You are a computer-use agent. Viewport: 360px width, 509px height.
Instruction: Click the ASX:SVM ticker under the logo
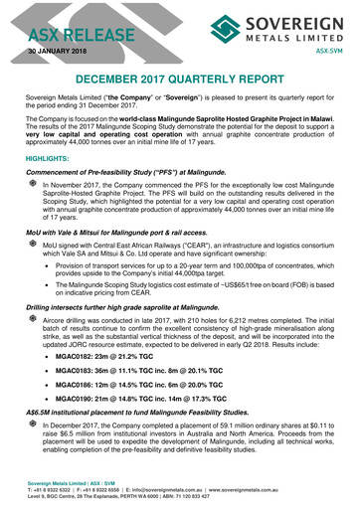[x=329, y=48]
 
